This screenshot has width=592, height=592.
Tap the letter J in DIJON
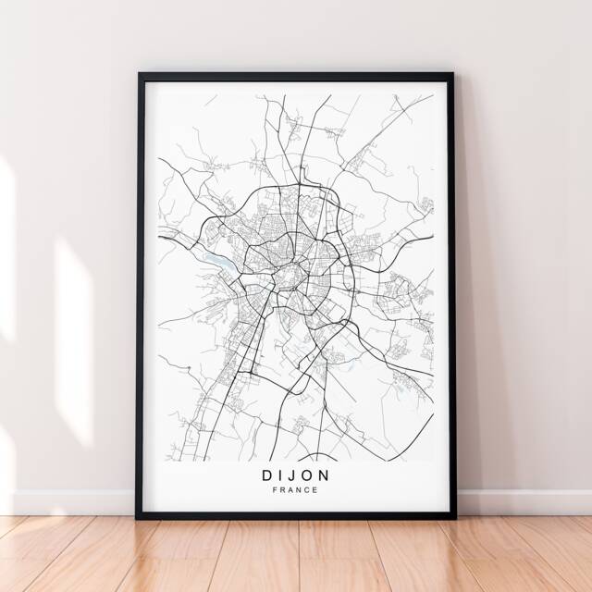(290, 475)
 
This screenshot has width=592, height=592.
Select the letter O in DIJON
(307, 475)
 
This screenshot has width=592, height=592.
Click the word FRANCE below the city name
(295, 490)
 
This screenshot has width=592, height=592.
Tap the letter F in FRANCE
(275, 490)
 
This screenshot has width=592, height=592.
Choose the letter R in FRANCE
(282, 490)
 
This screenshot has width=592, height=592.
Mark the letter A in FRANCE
(290, 490)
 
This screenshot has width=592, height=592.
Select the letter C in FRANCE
(307, 490)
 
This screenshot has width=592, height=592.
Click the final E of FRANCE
(315, 490)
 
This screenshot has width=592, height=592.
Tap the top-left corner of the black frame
(139, 73)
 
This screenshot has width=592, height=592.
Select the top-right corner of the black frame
(453, 73)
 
